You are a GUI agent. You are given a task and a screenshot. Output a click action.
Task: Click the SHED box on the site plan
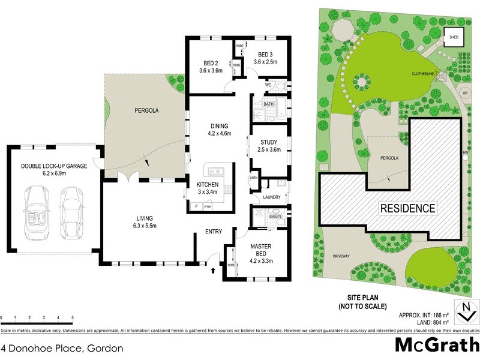tap(451, 37)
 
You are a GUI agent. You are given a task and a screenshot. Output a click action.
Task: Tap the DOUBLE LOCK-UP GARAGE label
tap(54, 170)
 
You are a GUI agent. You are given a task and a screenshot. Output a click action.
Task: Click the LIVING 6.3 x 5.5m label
tap(139, 222)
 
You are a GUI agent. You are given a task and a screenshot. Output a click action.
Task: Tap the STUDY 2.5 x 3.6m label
tap(268, 146)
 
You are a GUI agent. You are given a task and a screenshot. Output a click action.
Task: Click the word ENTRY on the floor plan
tap(214, 232)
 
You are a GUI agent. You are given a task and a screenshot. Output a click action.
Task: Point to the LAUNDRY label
tap(271, 197)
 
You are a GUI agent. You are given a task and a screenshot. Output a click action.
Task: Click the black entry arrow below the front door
tap(214, 271)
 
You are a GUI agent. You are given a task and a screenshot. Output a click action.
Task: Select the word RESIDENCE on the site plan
tap(407, 209)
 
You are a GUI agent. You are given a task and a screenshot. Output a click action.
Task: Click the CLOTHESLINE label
tap(422, 74)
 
